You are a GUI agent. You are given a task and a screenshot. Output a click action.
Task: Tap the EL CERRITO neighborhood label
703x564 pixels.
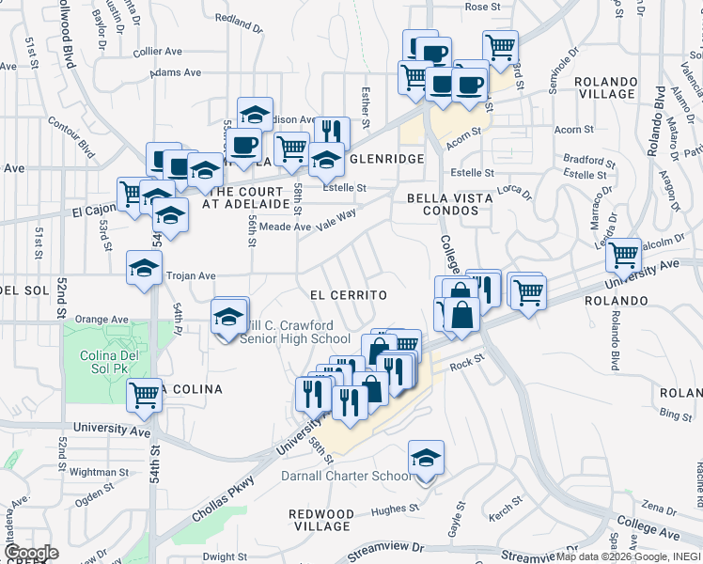tap(349, 295)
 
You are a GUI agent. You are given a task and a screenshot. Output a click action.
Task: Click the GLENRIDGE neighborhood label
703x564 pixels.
tap(386, 159)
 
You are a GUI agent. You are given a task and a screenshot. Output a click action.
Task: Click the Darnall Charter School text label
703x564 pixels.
tap(346, 476)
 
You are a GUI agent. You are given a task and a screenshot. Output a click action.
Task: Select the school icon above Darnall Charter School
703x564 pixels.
tap(426, 459)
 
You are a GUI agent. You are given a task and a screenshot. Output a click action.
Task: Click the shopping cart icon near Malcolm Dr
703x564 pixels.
tap(623, 254)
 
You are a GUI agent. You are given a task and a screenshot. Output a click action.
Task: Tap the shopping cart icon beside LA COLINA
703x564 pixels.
tap(145, 395)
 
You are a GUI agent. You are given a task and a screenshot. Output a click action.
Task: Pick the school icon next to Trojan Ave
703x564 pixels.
tap(144, 268)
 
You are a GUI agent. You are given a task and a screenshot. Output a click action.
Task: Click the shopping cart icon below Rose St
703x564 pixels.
tap(501, 46)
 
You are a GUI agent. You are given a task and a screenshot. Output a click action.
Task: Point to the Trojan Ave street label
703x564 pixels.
tap(191, 276)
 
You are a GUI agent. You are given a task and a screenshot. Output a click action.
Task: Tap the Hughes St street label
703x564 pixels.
tap(394, 509)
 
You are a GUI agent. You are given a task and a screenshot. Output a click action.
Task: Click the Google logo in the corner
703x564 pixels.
tap(31, 552)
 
